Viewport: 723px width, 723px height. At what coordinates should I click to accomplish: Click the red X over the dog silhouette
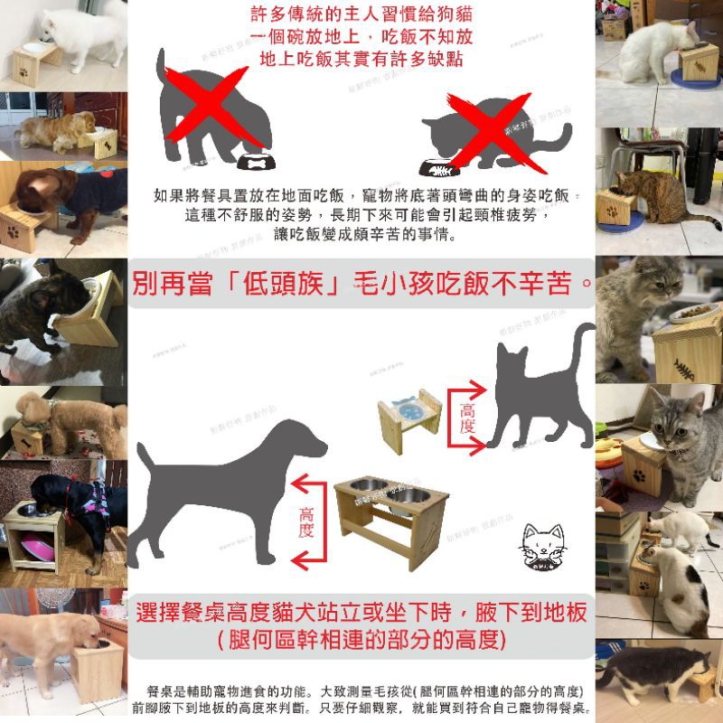[210, 113]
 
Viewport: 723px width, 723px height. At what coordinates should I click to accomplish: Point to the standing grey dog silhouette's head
[303, 443]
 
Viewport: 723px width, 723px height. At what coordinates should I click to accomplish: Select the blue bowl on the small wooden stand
[408, 406]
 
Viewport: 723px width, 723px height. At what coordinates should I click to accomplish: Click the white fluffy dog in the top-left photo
[86, 32]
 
